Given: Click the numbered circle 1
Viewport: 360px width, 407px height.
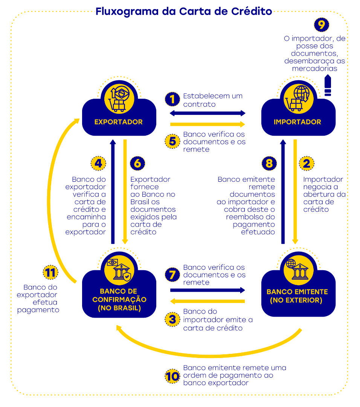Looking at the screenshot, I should coord(172,99).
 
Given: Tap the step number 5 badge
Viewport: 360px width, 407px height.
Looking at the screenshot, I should coord(172,141).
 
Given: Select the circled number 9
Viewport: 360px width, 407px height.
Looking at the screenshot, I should coord(321,25).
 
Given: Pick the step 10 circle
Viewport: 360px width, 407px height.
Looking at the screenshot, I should coord(172,376).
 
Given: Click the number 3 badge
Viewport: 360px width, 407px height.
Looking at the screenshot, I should coord(172,320).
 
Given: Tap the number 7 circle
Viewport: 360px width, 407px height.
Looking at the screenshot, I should coord(172,275).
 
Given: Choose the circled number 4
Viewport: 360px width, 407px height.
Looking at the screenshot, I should coord(98,164).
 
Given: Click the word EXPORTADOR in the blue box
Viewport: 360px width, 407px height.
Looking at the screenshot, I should coord(119,122).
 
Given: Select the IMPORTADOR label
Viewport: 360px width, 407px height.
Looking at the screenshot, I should coord(297,122).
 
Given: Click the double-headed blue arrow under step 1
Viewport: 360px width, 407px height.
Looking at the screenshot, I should coord(208,113).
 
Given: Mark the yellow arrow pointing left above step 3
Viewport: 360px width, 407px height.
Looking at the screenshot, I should coord(208,301).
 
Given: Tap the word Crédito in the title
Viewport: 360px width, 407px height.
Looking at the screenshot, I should coord(250,11).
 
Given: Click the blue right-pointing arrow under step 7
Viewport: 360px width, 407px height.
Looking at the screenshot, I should coord(208,290).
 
